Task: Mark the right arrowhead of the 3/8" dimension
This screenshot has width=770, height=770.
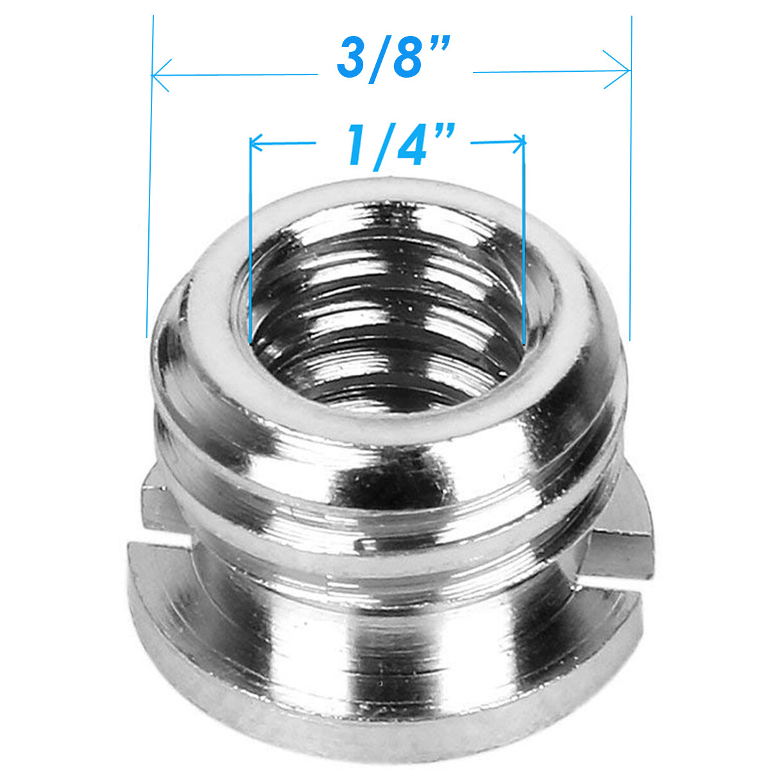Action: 622,71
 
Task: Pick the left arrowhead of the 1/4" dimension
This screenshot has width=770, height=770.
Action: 255,142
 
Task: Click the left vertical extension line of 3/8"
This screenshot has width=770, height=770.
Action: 150,193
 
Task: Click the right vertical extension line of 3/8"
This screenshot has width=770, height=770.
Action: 631,193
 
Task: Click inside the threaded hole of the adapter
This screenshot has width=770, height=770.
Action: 385,308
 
